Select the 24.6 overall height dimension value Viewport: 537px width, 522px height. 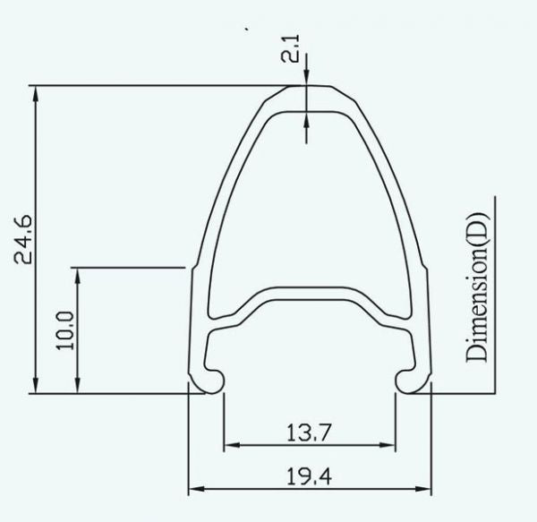click(26, 237)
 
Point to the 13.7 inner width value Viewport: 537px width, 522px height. click(309, 432)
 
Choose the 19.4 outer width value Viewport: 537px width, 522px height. click(309, 479)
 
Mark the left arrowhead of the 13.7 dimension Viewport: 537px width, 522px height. click(229, 444)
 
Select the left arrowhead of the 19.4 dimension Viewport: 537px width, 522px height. click(195, 491)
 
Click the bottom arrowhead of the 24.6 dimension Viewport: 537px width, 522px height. click(36, 386)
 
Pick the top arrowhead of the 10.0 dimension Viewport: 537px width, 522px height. click(80, 273)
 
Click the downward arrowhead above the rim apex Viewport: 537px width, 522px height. click(307, 79)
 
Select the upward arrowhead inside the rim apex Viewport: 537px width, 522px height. click(307, 118)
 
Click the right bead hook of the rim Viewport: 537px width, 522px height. click(407, 378)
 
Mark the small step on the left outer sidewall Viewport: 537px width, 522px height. click(189, 268)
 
